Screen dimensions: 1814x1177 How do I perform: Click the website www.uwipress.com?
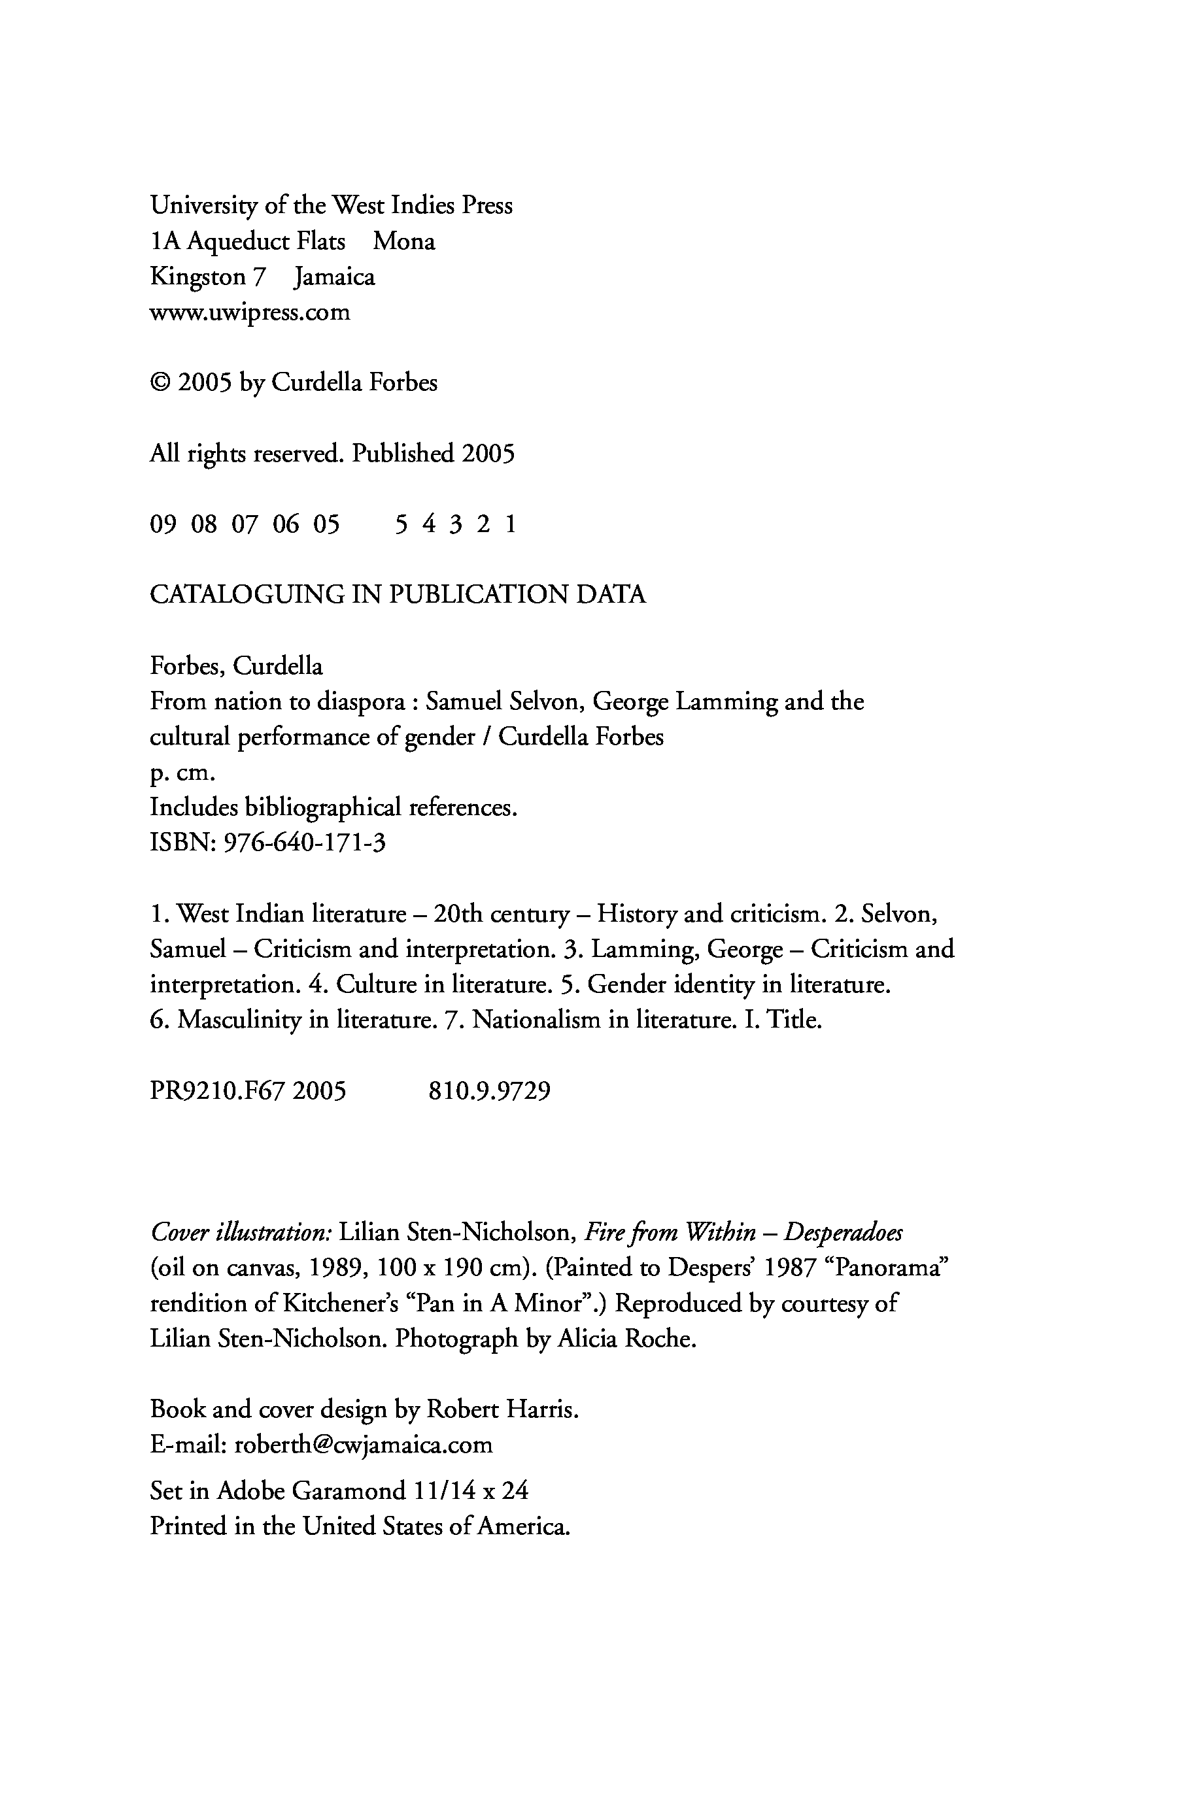point(250,312)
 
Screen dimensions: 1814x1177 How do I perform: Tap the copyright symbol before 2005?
point(160,382)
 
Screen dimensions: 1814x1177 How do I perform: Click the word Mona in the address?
point(404,242)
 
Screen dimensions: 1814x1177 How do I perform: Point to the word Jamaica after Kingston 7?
point(335,277)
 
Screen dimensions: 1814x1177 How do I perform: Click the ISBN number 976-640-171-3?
point(304,843)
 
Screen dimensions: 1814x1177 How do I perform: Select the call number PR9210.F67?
point(217,1092)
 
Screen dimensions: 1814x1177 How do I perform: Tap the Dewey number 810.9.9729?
point(489,1092)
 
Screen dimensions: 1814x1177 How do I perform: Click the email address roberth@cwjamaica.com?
point(364,1445)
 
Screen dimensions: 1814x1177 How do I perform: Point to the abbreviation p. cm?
point(183,773)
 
